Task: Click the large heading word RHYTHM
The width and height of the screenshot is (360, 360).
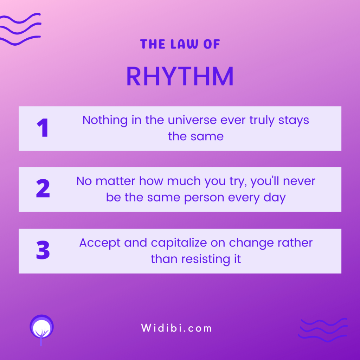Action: pos(180,76)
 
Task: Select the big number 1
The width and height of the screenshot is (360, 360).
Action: pos(43,128)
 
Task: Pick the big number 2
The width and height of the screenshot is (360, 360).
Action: pos(43,188)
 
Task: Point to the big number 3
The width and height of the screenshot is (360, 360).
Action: pos(43,250)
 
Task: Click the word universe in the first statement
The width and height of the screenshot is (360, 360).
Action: pos(192,120)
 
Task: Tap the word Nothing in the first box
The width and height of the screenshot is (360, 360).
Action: pos(105,121)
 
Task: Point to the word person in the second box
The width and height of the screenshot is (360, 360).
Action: pos(204,198)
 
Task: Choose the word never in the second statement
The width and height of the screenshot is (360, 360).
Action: pos(299,181)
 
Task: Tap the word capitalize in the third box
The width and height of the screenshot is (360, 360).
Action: pos(179,243)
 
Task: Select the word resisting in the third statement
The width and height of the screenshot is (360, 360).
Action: pos(206,259)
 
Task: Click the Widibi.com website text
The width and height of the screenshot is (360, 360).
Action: pos(176,328)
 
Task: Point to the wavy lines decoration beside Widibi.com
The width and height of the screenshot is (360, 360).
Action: pos(323,330)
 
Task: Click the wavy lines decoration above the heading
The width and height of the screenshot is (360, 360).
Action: pos(20,29)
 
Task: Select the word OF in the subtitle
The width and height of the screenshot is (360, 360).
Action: pos(212,44)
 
